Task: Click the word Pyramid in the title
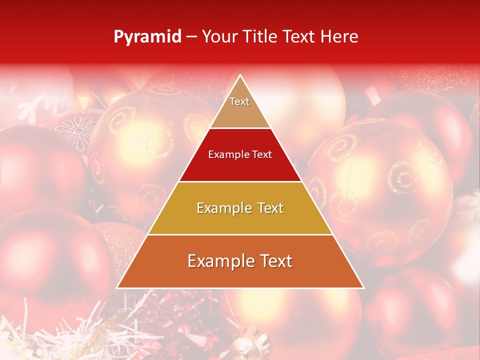(147, 37)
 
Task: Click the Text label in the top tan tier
(239, 101)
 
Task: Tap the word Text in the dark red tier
(260, 155)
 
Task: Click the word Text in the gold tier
(267, 208)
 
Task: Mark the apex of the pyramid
(240, 75)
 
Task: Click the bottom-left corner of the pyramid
(117, 287)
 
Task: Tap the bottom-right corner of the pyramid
(363, 287)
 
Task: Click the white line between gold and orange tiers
(240, 234)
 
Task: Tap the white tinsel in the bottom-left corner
(30, 340)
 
